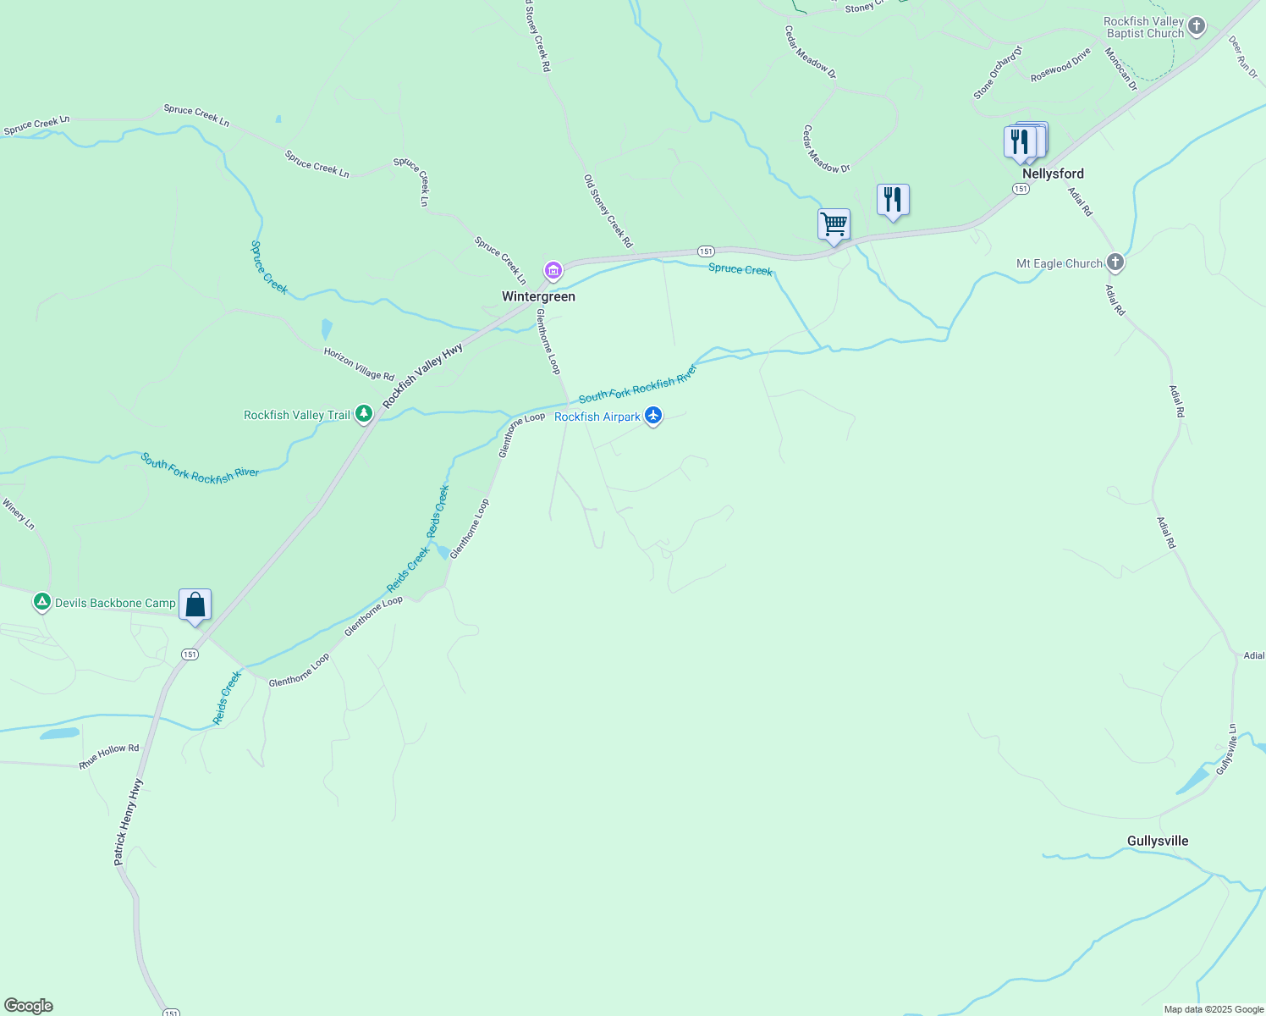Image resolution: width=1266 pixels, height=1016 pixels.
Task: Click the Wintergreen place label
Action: tap(538, 296)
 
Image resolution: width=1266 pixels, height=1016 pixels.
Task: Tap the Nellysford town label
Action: tap(1053, 174)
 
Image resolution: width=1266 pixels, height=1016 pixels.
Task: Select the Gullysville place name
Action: tap(1158, 841)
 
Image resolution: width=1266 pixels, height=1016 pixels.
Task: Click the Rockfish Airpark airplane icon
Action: tap(652, 416)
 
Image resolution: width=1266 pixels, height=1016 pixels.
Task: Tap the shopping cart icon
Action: tap(834, 225)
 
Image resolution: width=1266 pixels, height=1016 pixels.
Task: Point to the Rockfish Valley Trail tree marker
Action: tap(364, 414)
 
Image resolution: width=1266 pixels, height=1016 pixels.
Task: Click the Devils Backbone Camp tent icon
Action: tap(41, 603)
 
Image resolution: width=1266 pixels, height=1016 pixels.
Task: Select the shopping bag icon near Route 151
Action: tap(195, 606)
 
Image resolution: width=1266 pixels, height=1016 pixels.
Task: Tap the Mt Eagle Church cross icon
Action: tap(1115, 262)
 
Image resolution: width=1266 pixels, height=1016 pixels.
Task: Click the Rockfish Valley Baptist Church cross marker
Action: tap(1197, 25)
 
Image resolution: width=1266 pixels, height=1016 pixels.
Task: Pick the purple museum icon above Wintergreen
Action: tap(553, 271)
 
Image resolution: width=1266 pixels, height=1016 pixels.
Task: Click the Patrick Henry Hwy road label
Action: tap(128, 821)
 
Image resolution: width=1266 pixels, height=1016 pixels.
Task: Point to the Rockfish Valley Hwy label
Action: tap(422, 376)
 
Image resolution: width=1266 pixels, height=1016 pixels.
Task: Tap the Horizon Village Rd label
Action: tap(359, 364)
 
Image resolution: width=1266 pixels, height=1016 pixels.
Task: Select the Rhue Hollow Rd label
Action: tap(109, 756)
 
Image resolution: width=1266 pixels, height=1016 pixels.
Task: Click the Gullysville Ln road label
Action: tap(1226, 748)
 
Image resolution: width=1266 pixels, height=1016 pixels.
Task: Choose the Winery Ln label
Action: tap(19, 514)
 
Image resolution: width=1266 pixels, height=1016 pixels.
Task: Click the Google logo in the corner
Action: tap(29, 1006)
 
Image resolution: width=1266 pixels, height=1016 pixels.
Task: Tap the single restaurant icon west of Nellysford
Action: tap(893, 201)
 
